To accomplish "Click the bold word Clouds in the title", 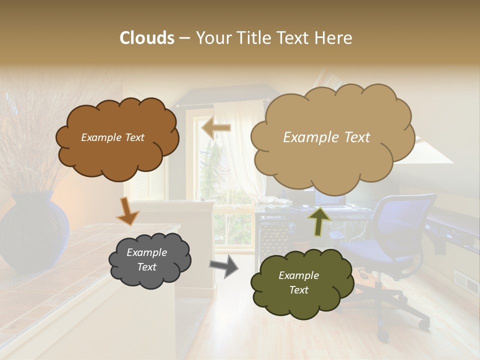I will coord(147,37).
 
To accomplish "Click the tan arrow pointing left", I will coord(216,128).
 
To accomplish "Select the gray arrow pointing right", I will coord(224,266).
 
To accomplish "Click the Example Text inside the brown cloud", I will coord(112,137).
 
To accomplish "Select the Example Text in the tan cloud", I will coord(326,137).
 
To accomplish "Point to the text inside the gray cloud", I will coord(146,260).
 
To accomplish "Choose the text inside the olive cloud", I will coord(298,282).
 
